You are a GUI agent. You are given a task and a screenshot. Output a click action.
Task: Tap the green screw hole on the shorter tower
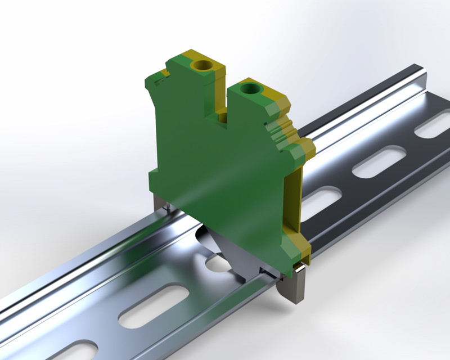coord(249,88)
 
